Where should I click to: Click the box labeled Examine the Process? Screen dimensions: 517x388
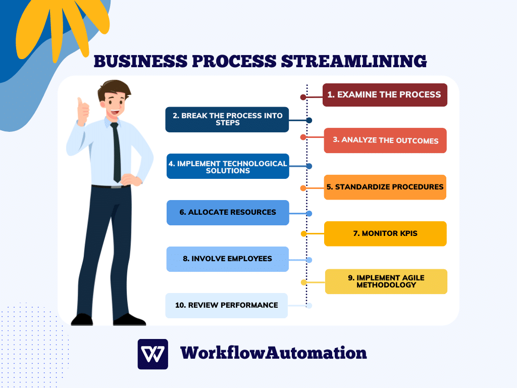[385, 95]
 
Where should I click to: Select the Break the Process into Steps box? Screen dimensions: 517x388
[227, 119]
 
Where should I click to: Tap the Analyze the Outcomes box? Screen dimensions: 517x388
[385, 140]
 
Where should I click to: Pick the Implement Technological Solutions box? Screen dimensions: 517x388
[228, 166]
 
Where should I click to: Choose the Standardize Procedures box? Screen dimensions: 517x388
[385, 187]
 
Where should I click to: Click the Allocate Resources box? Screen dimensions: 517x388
[228, 213]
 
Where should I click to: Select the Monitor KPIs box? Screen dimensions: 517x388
[385, 233]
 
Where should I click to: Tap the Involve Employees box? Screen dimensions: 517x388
[228, 259]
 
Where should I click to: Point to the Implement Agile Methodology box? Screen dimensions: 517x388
[386, 281]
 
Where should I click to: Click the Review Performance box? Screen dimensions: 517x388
[227, 306]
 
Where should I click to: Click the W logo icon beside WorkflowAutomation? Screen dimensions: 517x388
[152, 354]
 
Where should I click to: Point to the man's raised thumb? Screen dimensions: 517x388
[80, 102]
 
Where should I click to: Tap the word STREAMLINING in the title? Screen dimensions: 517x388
[354, 61]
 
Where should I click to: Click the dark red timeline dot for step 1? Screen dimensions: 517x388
[303, 98]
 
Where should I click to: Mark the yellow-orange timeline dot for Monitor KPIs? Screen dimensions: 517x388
[303, 234]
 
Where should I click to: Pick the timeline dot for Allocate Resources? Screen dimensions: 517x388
[309, 214]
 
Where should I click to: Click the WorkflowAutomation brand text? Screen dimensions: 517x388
[273, 353]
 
